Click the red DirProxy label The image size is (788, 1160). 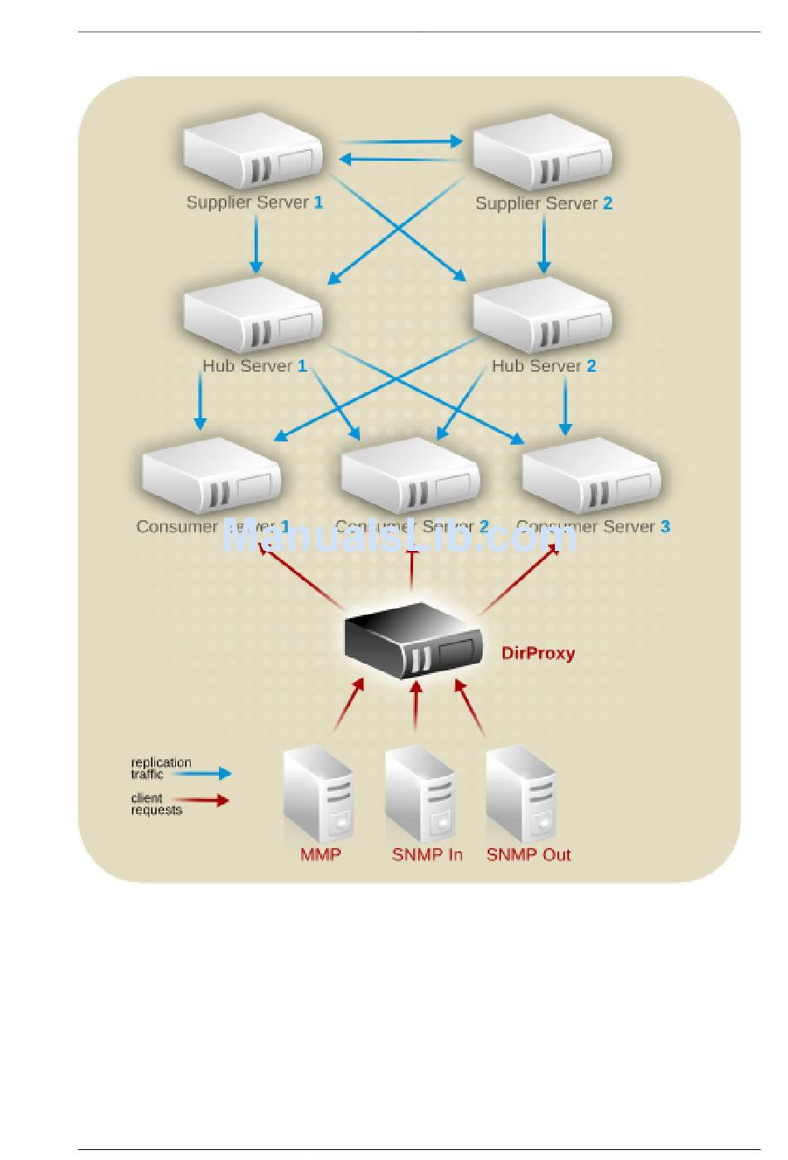click(537, 653)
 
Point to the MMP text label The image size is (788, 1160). click(320, 855)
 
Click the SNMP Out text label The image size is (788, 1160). click(528, 855)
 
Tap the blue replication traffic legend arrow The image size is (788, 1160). click(212, 773)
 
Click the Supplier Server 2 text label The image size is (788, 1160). click(543, 203)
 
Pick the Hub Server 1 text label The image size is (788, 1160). click(255, 366)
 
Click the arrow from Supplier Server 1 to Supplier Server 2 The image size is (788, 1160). click(401, 142)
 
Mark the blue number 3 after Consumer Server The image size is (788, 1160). click(665, 527)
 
